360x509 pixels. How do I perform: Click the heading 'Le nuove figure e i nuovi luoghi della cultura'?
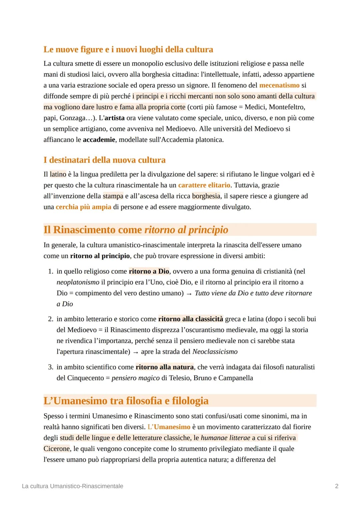128,49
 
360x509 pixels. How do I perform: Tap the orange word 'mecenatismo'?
279,85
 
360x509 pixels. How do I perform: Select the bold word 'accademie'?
99,140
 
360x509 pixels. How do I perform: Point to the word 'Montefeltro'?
287,107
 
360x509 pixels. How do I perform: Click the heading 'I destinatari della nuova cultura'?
104,160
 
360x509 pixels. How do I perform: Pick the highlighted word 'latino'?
58,174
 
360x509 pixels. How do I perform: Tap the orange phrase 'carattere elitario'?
204,185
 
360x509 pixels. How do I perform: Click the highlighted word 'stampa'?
113,196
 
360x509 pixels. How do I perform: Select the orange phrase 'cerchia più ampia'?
83,207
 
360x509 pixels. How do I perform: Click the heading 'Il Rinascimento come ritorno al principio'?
136,230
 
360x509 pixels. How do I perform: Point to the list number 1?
50,271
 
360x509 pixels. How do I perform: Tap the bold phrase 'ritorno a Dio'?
149,271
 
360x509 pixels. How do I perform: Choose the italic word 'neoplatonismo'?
78,282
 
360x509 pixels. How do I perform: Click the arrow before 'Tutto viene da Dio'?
189,293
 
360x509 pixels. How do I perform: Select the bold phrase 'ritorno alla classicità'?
190,319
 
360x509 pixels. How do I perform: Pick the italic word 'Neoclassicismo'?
215,352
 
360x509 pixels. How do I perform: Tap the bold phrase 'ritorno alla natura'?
164,367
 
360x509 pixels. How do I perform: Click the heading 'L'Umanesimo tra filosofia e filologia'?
126,401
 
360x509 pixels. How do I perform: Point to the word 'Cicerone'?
57,449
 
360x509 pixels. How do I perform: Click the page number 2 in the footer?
336,486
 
